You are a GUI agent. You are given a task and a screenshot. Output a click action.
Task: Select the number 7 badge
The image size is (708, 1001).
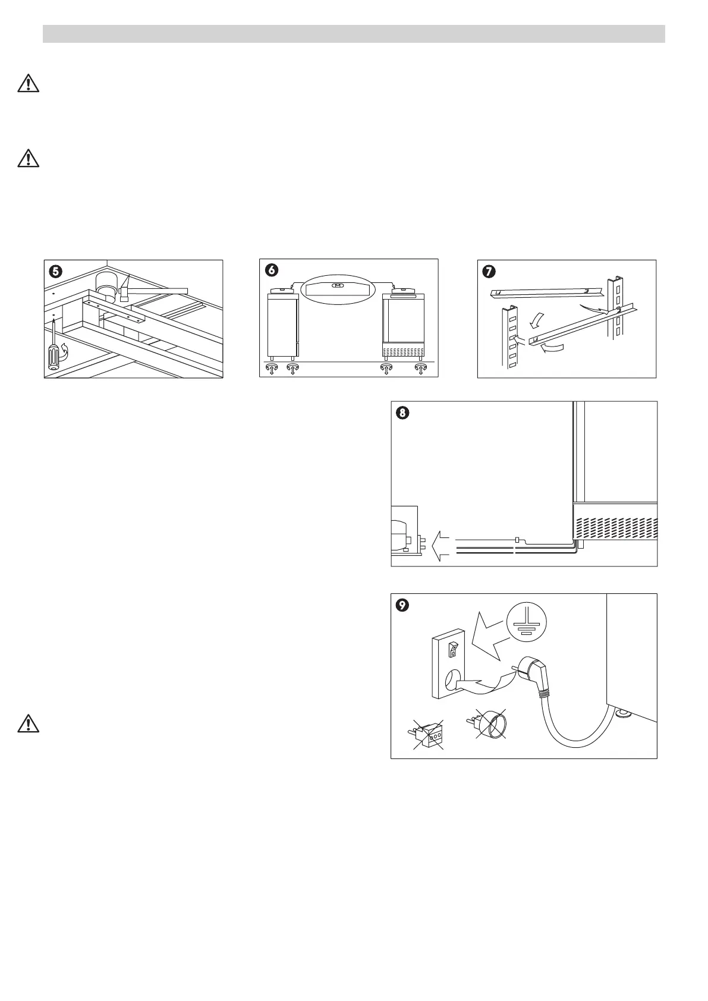[x=488, y=270]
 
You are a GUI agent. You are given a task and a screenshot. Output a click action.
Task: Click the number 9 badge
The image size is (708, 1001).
[x=402, y=605]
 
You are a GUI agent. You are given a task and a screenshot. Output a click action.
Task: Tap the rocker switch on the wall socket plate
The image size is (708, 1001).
[x=453, y=647]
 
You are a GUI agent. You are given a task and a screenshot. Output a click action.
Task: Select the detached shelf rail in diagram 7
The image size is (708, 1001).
[x=547, y=291]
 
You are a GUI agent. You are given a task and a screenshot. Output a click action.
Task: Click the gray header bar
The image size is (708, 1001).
[x=354, y=34]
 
